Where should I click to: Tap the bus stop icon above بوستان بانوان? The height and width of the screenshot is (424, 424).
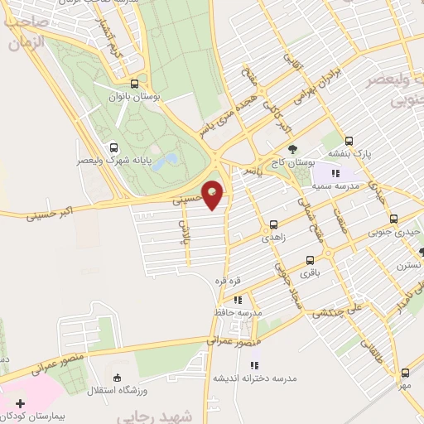tap(135, 84)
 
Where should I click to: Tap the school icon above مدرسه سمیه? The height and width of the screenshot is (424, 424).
tap(335, 173)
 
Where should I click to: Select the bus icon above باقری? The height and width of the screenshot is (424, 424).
tap(310, 259)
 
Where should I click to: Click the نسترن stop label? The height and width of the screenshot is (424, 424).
tap(408, 266)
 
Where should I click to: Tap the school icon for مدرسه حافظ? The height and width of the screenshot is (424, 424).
tap(238, 300)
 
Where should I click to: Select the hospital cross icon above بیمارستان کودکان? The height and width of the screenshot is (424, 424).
tap(20, 402)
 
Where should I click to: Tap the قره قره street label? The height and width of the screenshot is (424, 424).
tap(228, 282)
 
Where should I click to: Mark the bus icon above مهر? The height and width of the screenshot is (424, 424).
tap(404, 373)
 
